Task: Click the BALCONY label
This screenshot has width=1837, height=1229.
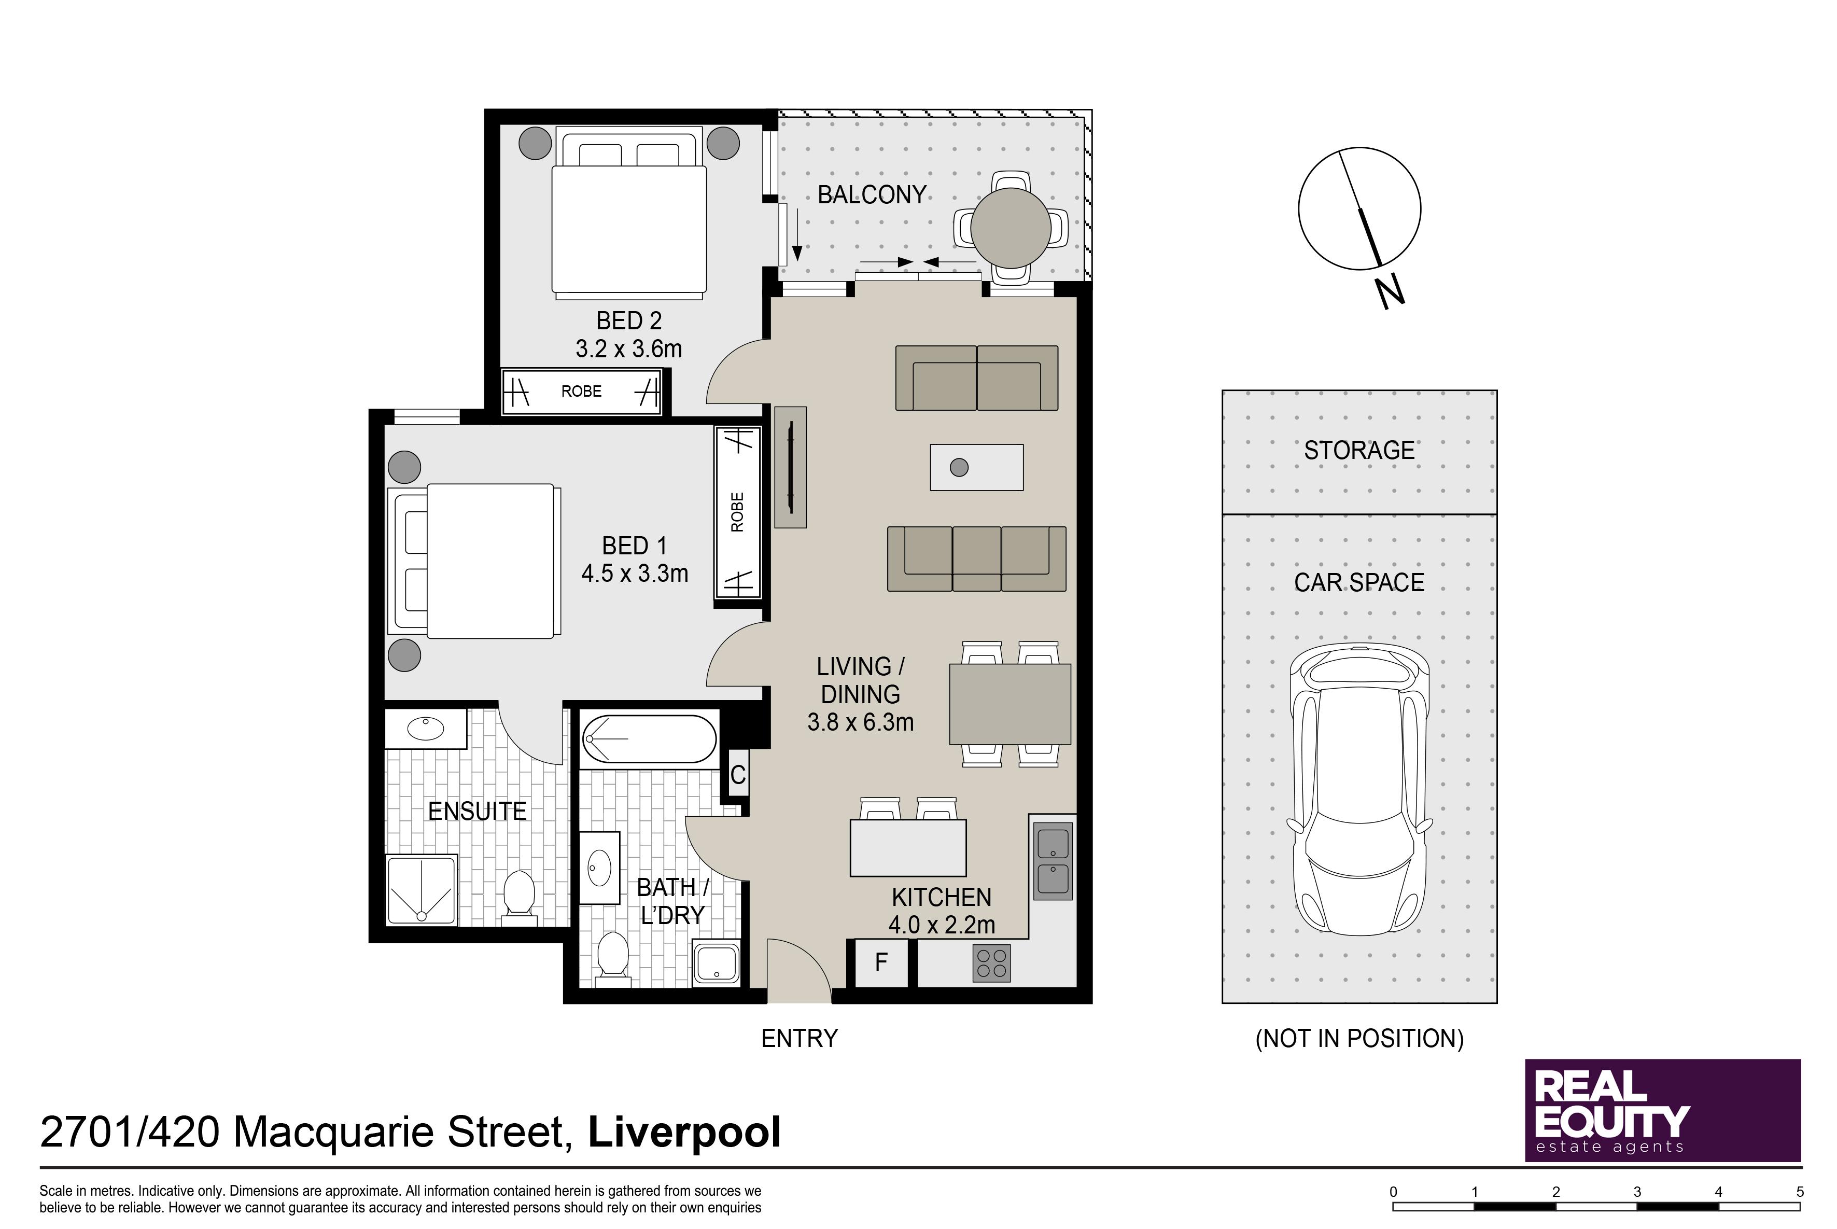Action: coord(872,194)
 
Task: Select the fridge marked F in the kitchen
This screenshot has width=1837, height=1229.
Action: coord(881,962)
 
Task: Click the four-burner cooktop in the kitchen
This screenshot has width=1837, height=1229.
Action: coord(991,963)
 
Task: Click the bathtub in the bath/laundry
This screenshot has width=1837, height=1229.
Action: coord(649,738)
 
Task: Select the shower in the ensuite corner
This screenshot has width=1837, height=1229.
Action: coord(422,890)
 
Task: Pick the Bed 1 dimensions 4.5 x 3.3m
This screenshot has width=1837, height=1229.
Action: coord(635,574)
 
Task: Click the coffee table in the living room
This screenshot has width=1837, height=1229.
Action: coord(976,467)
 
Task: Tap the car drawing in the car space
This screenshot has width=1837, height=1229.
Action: coord(1359,789)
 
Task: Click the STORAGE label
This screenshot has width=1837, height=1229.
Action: coord(1359,450)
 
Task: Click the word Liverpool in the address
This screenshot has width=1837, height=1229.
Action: coord(684,1133)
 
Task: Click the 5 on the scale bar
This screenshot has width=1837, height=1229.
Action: coord(1799,1191)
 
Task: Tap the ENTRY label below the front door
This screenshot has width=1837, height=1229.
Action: coord(800,1039)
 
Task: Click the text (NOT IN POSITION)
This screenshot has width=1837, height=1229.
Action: coord(1359,1039)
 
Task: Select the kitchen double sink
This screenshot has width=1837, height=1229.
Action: coord(1053,861)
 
